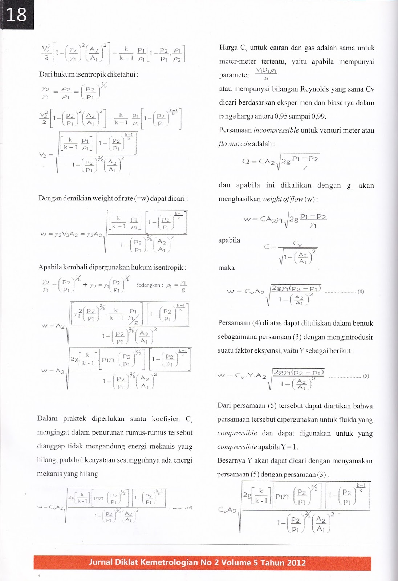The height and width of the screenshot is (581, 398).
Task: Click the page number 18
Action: click(x=16, y=15)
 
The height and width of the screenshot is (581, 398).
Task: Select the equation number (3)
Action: click(x=190, y=508)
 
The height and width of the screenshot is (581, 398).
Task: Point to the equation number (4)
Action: click(x=360, y=292)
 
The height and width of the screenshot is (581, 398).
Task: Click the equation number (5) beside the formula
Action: click(x=366, y=376)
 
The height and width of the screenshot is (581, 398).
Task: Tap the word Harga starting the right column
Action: click(x=228, y=48)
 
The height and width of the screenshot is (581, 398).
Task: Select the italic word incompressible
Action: click(x=276, y=130)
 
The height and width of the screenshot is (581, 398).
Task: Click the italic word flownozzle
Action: click(x=234, y=144)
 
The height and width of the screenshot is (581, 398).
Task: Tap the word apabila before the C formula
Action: click(x=229, y=240)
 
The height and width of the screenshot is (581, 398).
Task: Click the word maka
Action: click(x=226, y=268)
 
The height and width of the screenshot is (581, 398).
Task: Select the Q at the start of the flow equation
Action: click(x=246, y=161)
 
